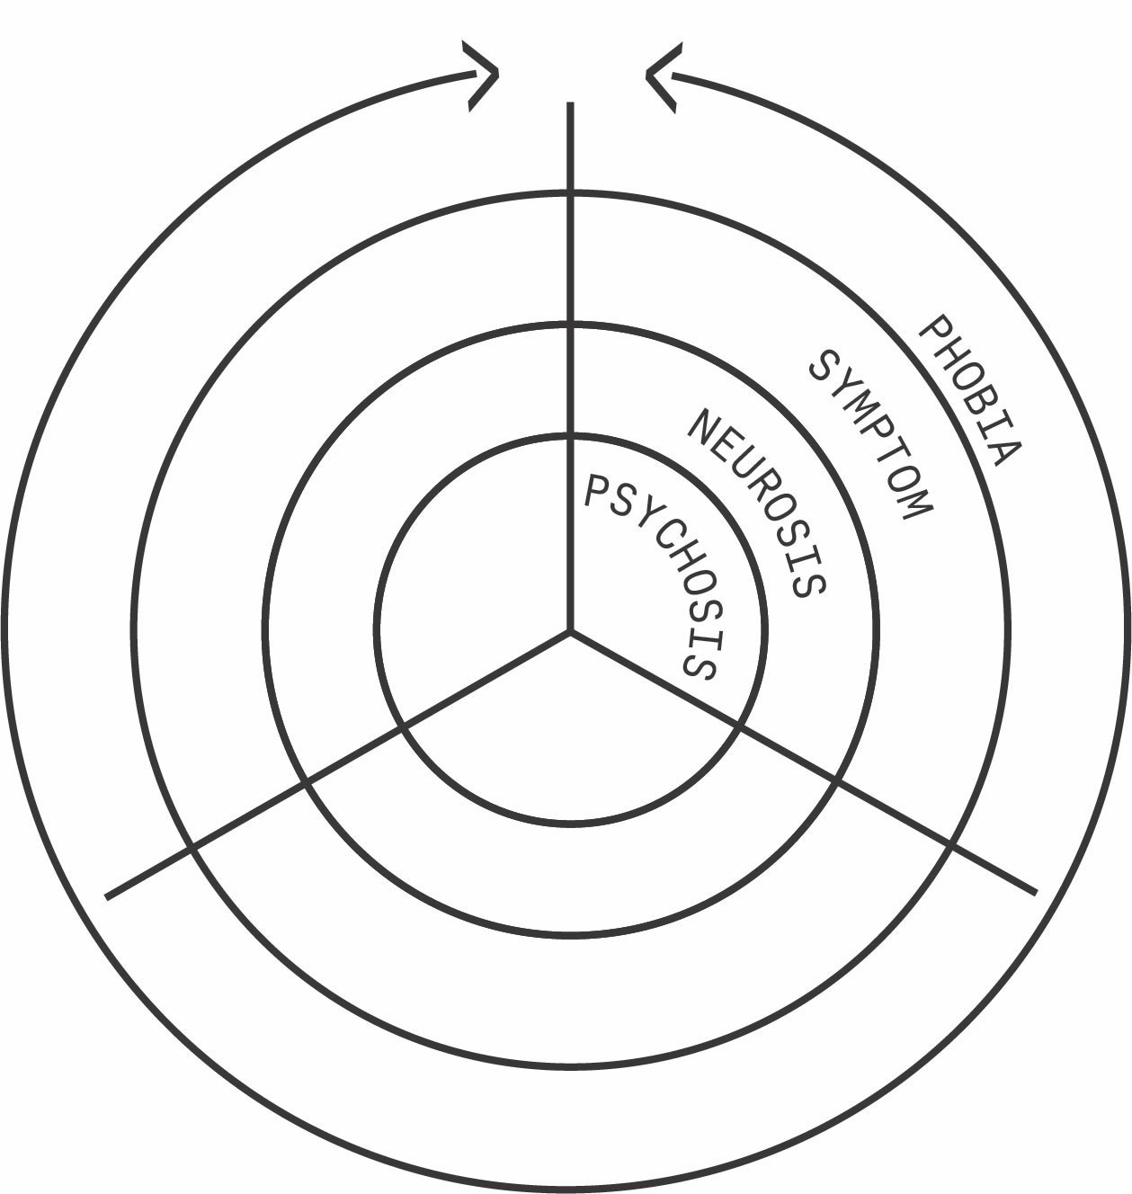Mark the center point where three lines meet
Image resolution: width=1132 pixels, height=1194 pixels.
click(x=570, y=631)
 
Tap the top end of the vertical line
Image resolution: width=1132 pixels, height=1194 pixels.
click(x=570, y=105)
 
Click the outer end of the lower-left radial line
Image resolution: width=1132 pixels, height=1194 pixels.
click(x=108, y=895)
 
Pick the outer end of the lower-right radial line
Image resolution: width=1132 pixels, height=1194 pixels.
click(x=1035, y=892)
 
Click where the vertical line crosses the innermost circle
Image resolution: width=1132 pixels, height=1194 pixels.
click(x=570, y=436)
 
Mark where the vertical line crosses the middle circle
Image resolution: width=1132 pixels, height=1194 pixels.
click(x=570, y=324)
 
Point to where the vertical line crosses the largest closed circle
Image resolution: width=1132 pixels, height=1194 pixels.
click(x=570, y=193)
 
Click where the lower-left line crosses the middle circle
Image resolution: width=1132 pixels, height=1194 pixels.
click(x=305, y=783)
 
